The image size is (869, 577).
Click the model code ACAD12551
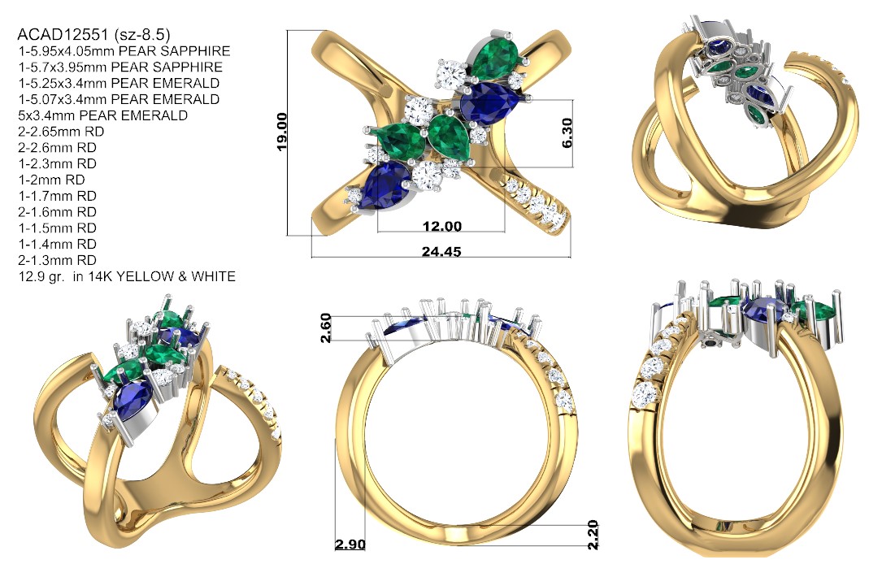(x=63, y=35)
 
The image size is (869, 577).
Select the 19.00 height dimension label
(x=281, y=132)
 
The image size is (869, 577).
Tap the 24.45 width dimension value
(x=441, y=252)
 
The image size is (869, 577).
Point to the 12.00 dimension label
(x=441, y=226)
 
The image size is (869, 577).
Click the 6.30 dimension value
(x=567, y=133)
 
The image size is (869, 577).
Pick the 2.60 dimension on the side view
(x=326, y=328)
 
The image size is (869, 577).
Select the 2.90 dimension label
(x=350, y=544)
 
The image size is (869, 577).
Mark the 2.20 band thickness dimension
(x=593, y=534)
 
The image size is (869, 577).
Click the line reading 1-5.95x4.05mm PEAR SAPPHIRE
(x=124, y=51)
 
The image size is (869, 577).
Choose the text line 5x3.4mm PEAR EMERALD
(x=103, y=115)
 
